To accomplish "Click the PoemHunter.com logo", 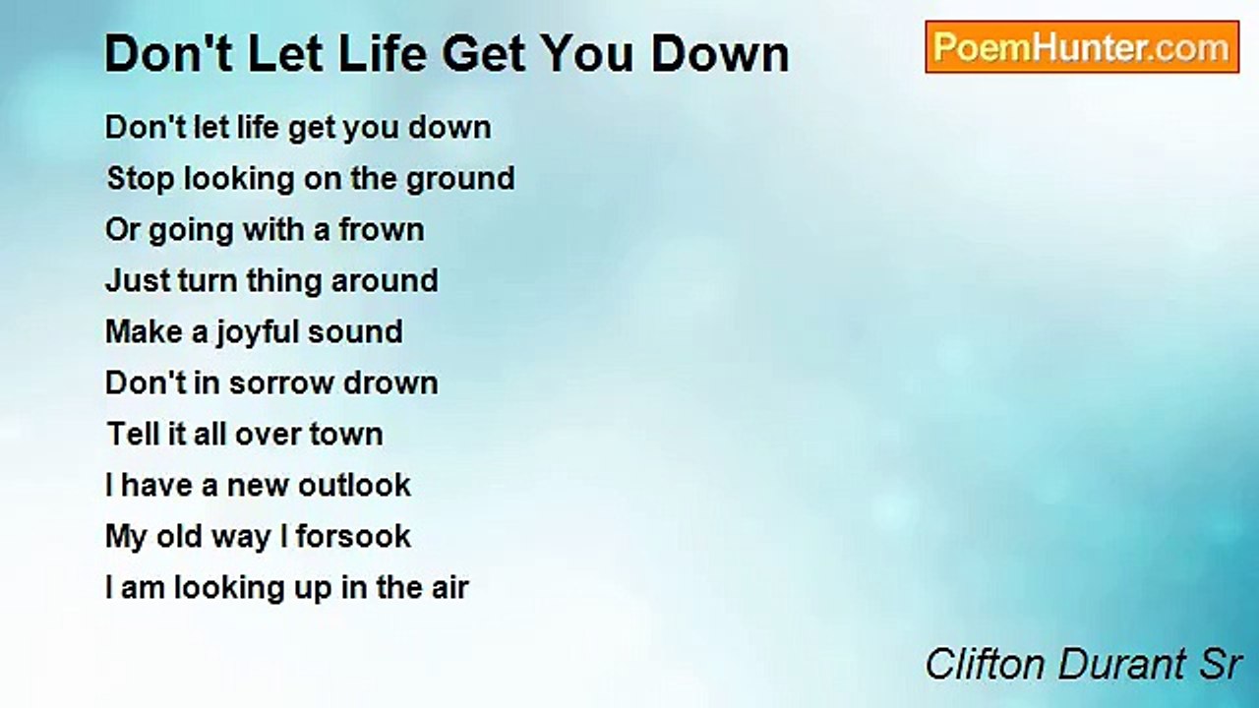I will coord(1082,47).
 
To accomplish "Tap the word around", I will coord(385,281).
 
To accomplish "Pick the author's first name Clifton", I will coord(986,666).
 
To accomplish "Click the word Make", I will coord(144,332).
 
